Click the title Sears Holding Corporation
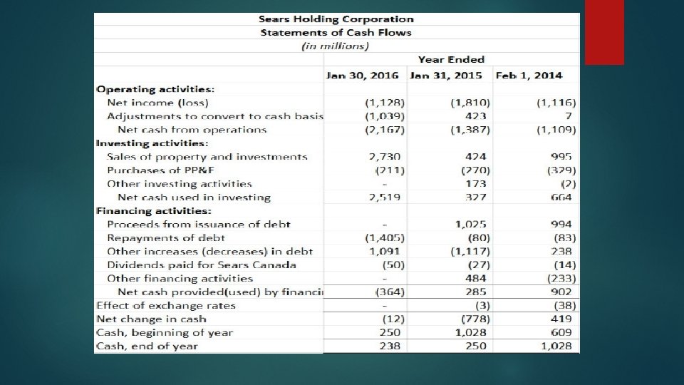coord(336,19)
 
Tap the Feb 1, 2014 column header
coord(529,75)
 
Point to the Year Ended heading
coord(451,60)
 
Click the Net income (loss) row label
coord(147,103)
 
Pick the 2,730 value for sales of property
coord(385,156)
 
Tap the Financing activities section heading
coord(154,210)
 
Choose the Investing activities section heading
coord(152,143)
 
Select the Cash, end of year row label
coord(147,346)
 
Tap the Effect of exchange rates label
coord(166,305)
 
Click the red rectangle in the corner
coord(604,32)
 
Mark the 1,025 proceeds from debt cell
coord(472,224)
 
